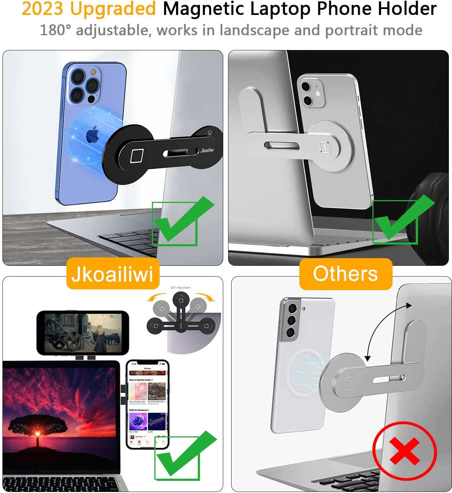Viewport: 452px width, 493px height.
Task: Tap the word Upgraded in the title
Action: (113, 9)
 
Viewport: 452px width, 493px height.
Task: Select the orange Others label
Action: (345, 273)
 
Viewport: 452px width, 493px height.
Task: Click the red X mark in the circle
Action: (404, 451)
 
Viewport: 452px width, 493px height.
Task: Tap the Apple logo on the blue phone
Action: (92, 135)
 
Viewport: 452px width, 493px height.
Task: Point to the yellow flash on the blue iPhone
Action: (93, 72)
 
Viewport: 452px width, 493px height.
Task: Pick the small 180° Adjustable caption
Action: (180, 288)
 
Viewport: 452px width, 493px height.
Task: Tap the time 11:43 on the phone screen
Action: (134, 364)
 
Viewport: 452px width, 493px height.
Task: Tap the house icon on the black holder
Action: (209, 132)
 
